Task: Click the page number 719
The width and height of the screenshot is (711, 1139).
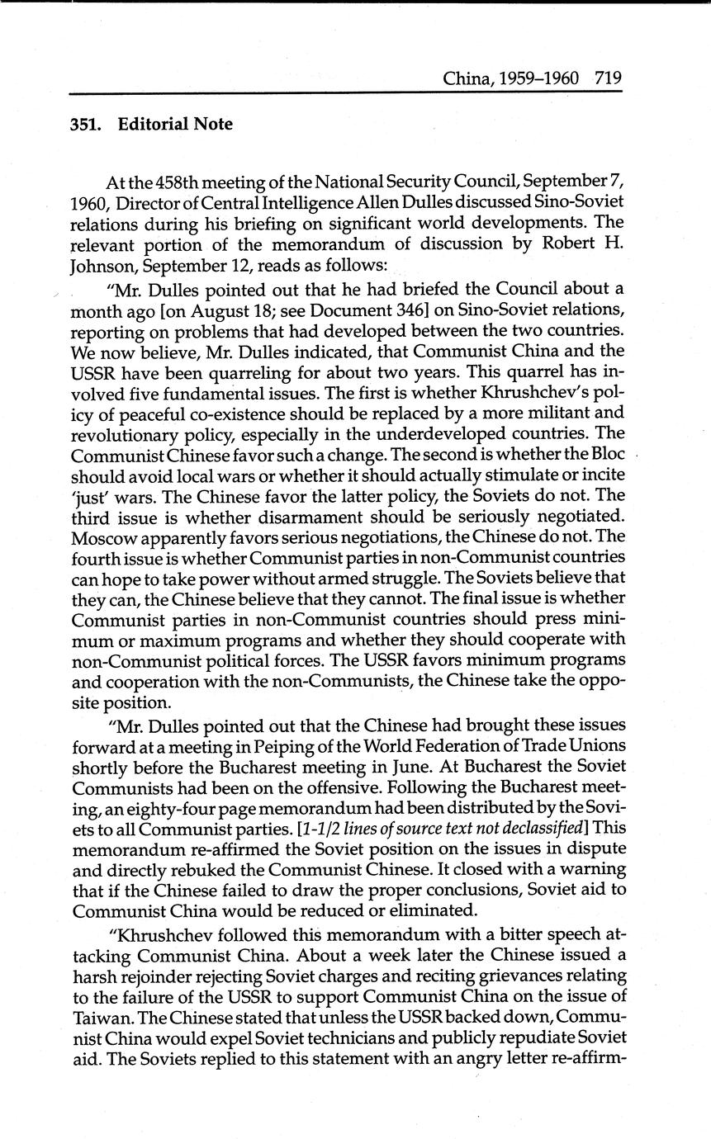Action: [x=607, y=79]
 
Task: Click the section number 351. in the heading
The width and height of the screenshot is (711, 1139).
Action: [x=84, y=125]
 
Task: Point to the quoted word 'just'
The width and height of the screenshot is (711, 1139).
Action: [x=91, y=495]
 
